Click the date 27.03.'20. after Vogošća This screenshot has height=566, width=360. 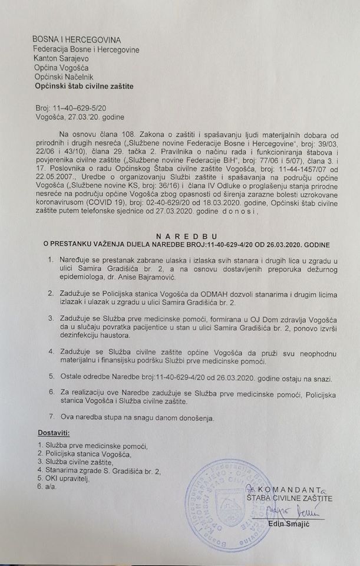tap(93, 118)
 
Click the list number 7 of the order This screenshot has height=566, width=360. tap(53, 418)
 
